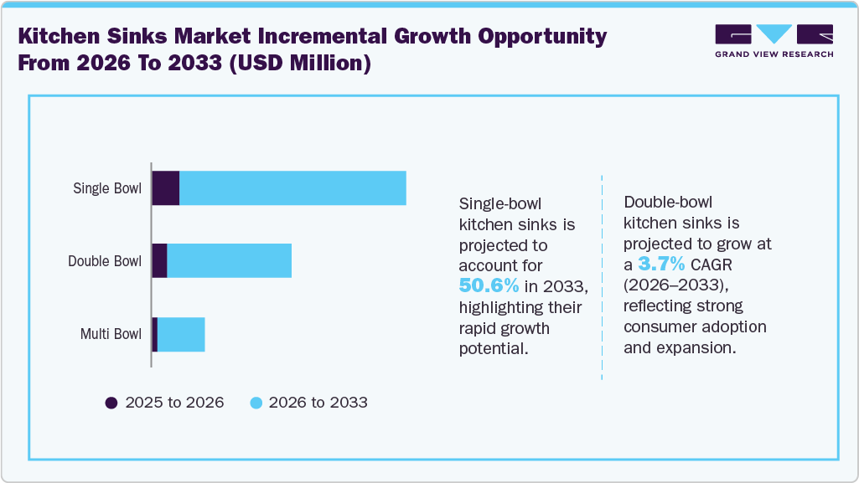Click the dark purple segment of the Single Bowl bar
click(x=165, y=188)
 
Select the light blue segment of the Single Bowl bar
click(x=292, y=188)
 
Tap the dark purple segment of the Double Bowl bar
click(x=159, y=261)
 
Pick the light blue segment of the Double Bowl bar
click(x=229, y=261)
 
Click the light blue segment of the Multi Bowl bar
click(x=181, y=335)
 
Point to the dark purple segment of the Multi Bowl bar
click(x=155, y=335)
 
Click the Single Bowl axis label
click(x=107, y=188)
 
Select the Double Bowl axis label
click(x=105, y=261)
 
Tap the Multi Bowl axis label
click(x=111, y=335)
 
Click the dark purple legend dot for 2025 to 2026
click(x=111, y=403)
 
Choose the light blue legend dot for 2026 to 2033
click(x=257, y=403)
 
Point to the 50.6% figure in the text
click(x=489, y=287)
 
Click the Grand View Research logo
click(x=774, y=41)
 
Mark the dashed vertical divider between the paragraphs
click(x=602, y=276)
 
